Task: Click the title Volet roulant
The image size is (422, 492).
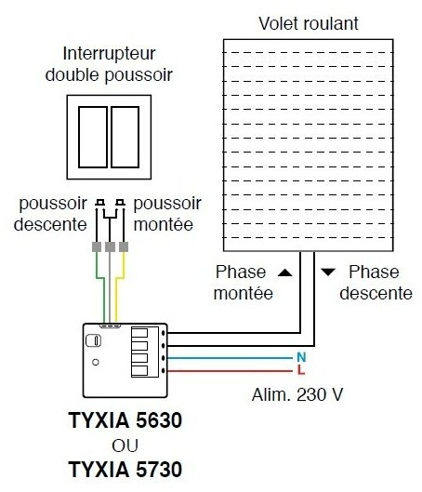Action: click(x=309, y=23)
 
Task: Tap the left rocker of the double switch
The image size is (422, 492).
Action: click(x=93, y=137)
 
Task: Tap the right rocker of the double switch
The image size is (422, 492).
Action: click(x=125, y=137)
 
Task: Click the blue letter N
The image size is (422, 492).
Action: click(x=301, y=357)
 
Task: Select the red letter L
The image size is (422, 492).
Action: click(x=301, y=369)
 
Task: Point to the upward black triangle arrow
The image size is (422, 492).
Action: click(x=285, y=273)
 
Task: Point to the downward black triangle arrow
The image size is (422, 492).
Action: click(x=328, y=273)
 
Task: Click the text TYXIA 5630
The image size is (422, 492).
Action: click(x=125, y=420)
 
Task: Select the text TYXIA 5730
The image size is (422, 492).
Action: click(x=125, y=470)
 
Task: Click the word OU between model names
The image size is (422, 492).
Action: click(x=125, y=445)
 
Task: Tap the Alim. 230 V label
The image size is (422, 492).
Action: click(x=297, y=394)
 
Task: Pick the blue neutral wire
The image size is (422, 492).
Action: click(x=230, y=358)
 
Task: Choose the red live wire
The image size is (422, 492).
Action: click(x=230, y=371)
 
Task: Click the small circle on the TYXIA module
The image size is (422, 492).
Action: click(x=96, y=362)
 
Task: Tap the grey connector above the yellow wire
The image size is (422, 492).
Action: click(x=124, y=246)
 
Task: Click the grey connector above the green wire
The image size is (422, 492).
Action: click(x=97, y=246)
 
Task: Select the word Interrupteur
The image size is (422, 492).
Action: click(x=109, y=54)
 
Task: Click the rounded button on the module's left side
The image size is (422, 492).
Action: click(x=93, y=340)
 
